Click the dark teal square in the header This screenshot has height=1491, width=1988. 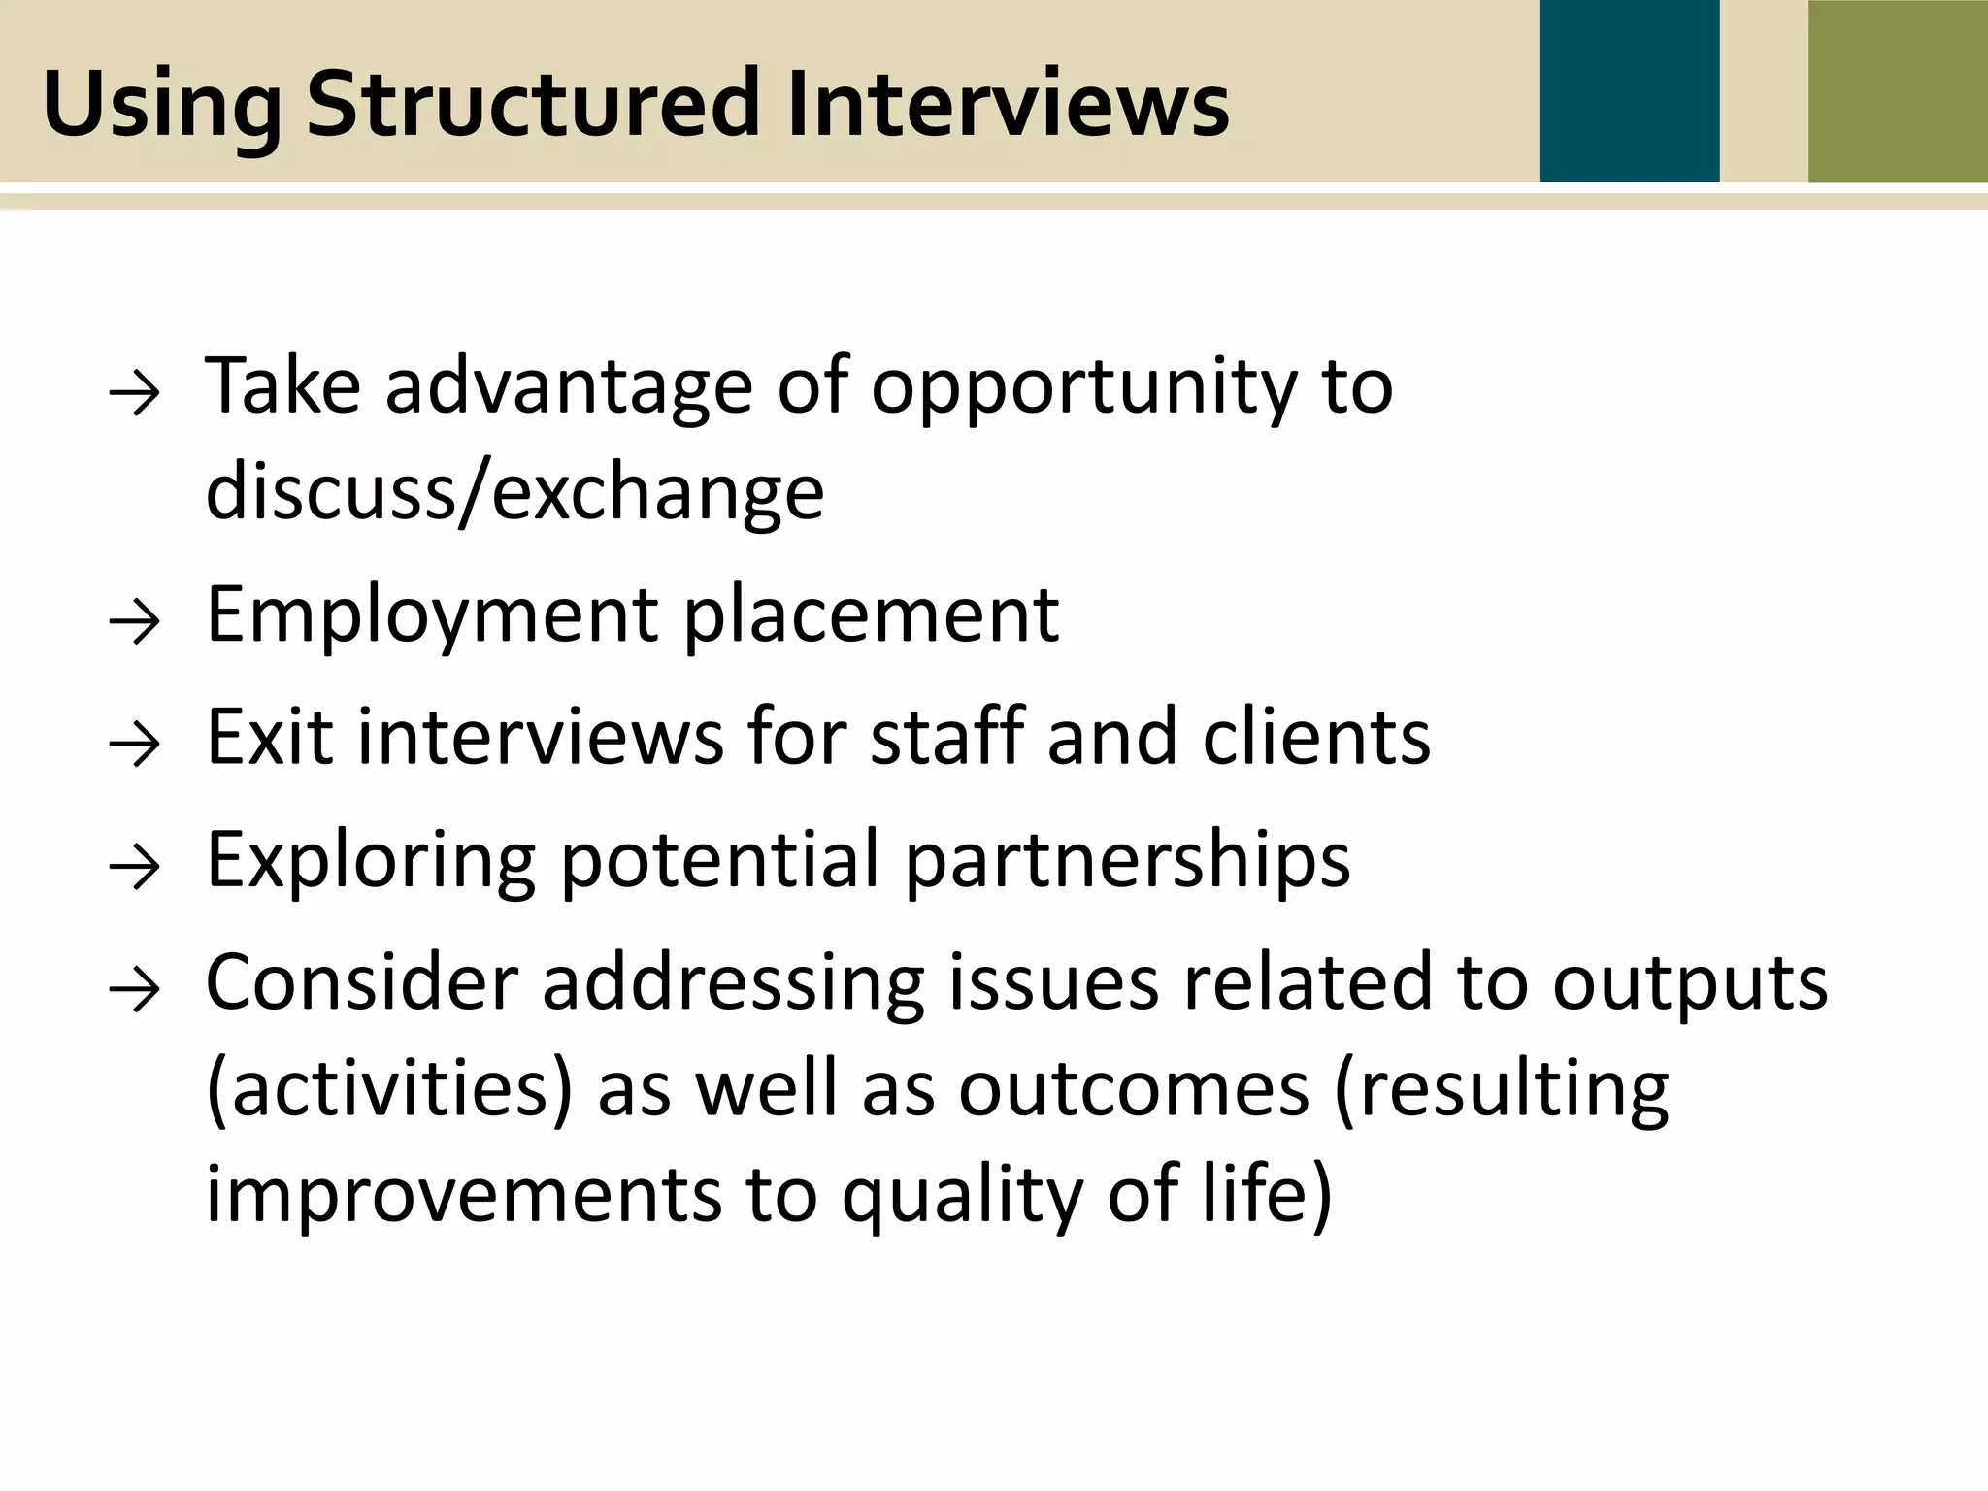(x=1629, y=91)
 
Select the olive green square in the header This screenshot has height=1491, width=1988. (x=1898, y=91)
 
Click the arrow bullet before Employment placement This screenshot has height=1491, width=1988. (x=134, y=622)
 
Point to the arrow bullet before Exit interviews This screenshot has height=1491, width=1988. (x=134, y=745)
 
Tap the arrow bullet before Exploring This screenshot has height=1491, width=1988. (x=134, y=868)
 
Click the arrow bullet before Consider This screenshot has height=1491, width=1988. (x=134, y=991)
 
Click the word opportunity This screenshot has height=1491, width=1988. (x=1083, y=388)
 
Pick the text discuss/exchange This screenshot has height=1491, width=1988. (x=514, y=492)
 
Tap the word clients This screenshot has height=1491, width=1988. (x=1316, y=737)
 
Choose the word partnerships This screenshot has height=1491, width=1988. (x=1127, y=861)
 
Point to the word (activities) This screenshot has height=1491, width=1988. (x=390, y=1088)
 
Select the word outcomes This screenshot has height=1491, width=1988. (x=1134, y=1088)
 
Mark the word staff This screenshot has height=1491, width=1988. (x=946, y=737)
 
